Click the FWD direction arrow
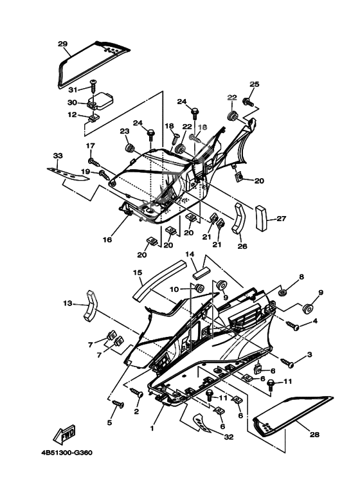click(x=64, y=433)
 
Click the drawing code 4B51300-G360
click(x=67, y=452)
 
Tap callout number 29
click(x=63, y=44)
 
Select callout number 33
click(x=58, y=156)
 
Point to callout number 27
click(x=281, y=219)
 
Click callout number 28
click(x=315, y=435)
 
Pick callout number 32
click(x=229, y=437)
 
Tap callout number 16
click(x=107, y=240)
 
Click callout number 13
click(x=67, y=303)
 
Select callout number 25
click(x=254, y=84)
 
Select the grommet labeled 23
click(x=129, y=148)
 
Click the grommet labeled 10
click(x=199, y=289)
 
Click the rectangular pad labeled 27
click(x=262, y=219)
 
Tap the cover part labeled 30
click(x=100, y=100)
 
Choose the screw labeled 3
click(x=287, y=363)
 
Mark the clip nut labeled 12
click(x=94, y=118)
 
